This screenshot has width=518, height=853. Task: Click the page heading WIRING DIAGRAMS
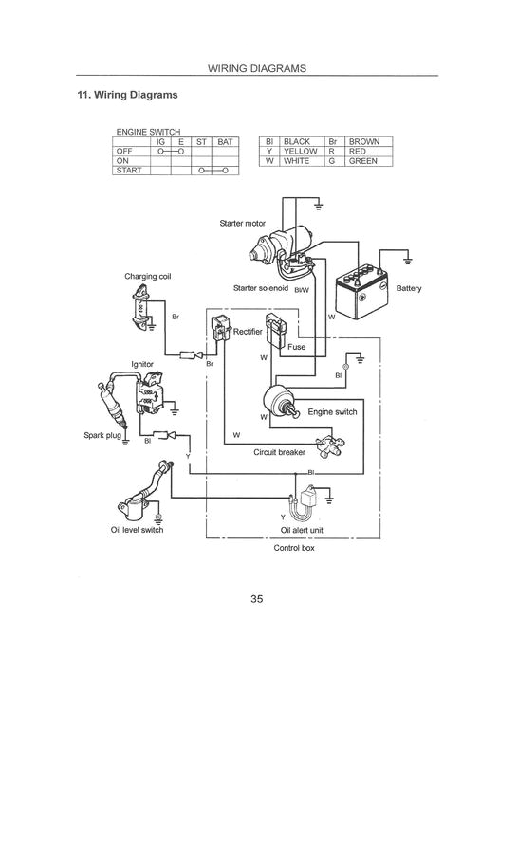(257, 68)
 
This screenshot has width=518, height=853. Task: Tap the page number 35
(257, 598)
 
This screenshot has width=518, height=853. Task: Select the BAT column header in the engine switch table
(225, 141)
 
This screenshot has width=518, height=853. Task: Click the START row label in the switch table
(129, 170)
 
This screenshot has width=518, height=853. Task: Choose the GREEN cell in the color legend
(363, 161)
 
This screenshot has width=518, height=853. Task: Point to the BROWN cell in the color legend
(364, 141)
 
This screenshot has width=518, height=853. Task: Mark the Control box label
(293, 548)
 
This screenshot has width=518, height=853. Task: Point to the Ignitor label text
(142, 364)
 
